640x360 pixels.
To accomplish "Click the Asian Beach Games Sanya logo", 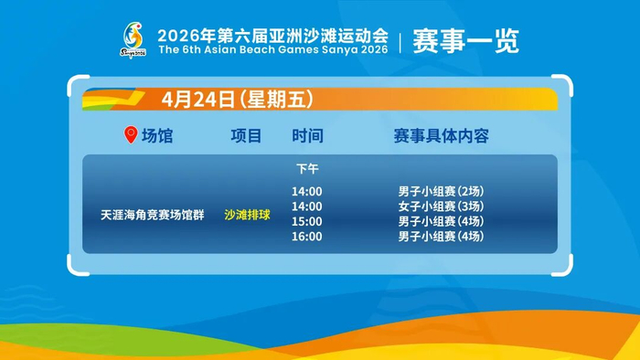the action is [x=133, y=40].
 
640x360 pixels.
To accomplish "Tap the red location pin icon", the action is [x=131, y=134].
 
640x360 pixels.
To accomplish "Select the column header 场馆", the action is [x=157, y=136].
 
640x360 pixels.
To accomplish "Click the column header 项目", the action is [x=246, y=136].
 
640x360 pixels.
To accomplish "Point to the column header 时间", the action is [x=307, y=136].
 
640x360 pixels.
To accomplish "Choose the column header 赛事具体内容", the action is [x=442, y=136].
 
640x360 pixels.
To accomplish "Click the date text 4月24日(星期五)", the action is [x=238, y=99].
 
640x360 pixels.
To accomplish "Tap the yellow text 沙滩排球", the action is [x=248, y=215].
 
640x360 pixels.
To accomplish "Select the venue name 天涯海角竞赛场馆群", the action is [x=153, y=215].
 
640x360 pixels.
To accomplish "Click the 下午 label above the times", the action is [x=307, y=168].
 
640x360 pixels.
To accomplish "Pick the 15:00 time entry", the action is [x=306, y=221].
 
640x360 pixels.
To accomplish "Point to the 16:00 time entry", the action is [x=306, y=237].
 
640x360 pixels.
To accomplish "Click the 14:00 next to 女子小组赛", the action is [x=306, y=206].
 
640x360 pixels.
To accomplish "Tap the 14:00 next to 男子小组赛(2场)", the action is [x=306, y=191].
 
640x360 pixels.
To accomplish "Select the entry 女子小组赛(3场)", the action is [x=442, y=206].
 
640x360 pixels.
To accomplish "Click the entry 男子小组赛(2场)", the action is [x=442, y=191].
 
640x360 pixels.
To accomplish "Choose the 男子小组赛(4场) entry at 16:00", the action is [x=442, y=237].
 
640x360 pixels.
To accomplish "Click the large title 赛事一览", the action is [x=465, y=41].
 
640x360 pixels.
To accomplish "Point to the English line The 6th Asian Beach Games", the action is [x=273, y=49].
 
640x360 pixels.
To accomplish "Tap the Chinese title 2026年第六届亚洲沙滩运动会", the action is [x=273, y=36].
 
